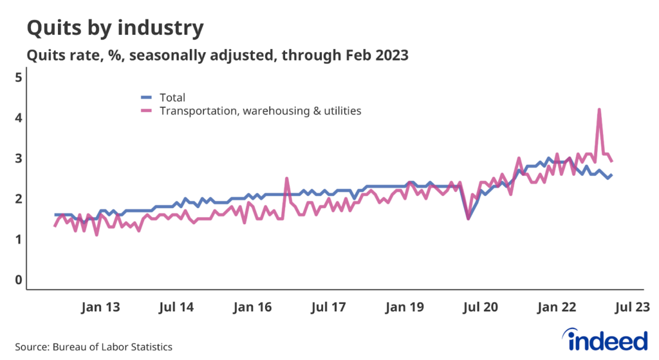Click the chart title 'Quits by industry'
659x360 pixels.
115,28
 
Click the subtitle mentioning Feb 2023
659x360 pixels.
218,55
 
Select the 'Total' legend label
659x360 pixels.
172,98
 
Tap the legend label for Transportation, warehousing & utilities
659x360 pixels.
260,111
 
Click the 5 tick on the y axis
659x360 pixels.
18,77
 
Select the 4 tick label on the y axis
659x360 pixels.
18,118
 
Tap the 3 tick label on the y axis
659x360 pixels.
18,158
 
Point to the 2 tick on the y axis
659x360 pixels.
18,199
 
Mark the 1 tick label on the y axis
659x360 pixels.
18,240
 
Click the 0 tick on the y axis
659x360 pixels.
18,280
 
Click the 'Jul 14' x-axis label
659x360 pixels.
176,307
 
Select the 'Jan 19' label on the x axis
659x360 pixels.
404,307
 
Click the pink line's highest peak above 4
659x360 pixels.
599,109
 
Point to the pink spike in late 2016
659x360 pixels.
286,178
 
